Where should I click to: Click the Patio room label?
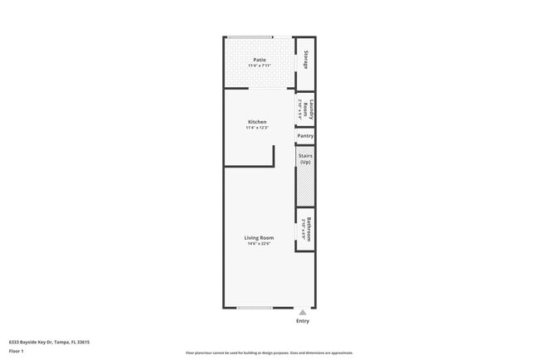pos(260,60)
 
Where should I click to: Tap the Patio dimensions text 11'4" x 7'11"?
pos(260,66)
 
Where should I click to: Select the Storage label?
pos(307,60)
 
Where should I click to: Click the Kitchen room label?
pos(257,122)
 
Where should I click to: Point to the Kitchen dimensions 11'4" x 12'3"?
pos(257,128)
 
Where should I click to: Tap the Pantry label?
pos(305,135)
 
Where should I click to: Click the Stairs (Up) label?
pos(305,158)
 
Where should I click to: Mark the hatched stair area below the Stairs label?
pos(305,186)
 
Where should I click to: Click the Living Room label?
pos(259,238)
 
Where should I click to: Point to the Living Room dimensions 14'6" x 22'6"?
pos(259,244)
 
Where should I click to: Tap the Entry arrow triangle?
pos(303,312)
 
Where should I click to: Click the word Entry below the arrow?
pos(303,320)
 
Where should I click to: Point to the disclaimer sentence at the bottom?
pos(269,353)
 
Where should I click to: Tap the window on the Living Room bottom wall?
pos(255,308)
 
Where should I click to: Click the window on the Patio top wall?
pos(251,36)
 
